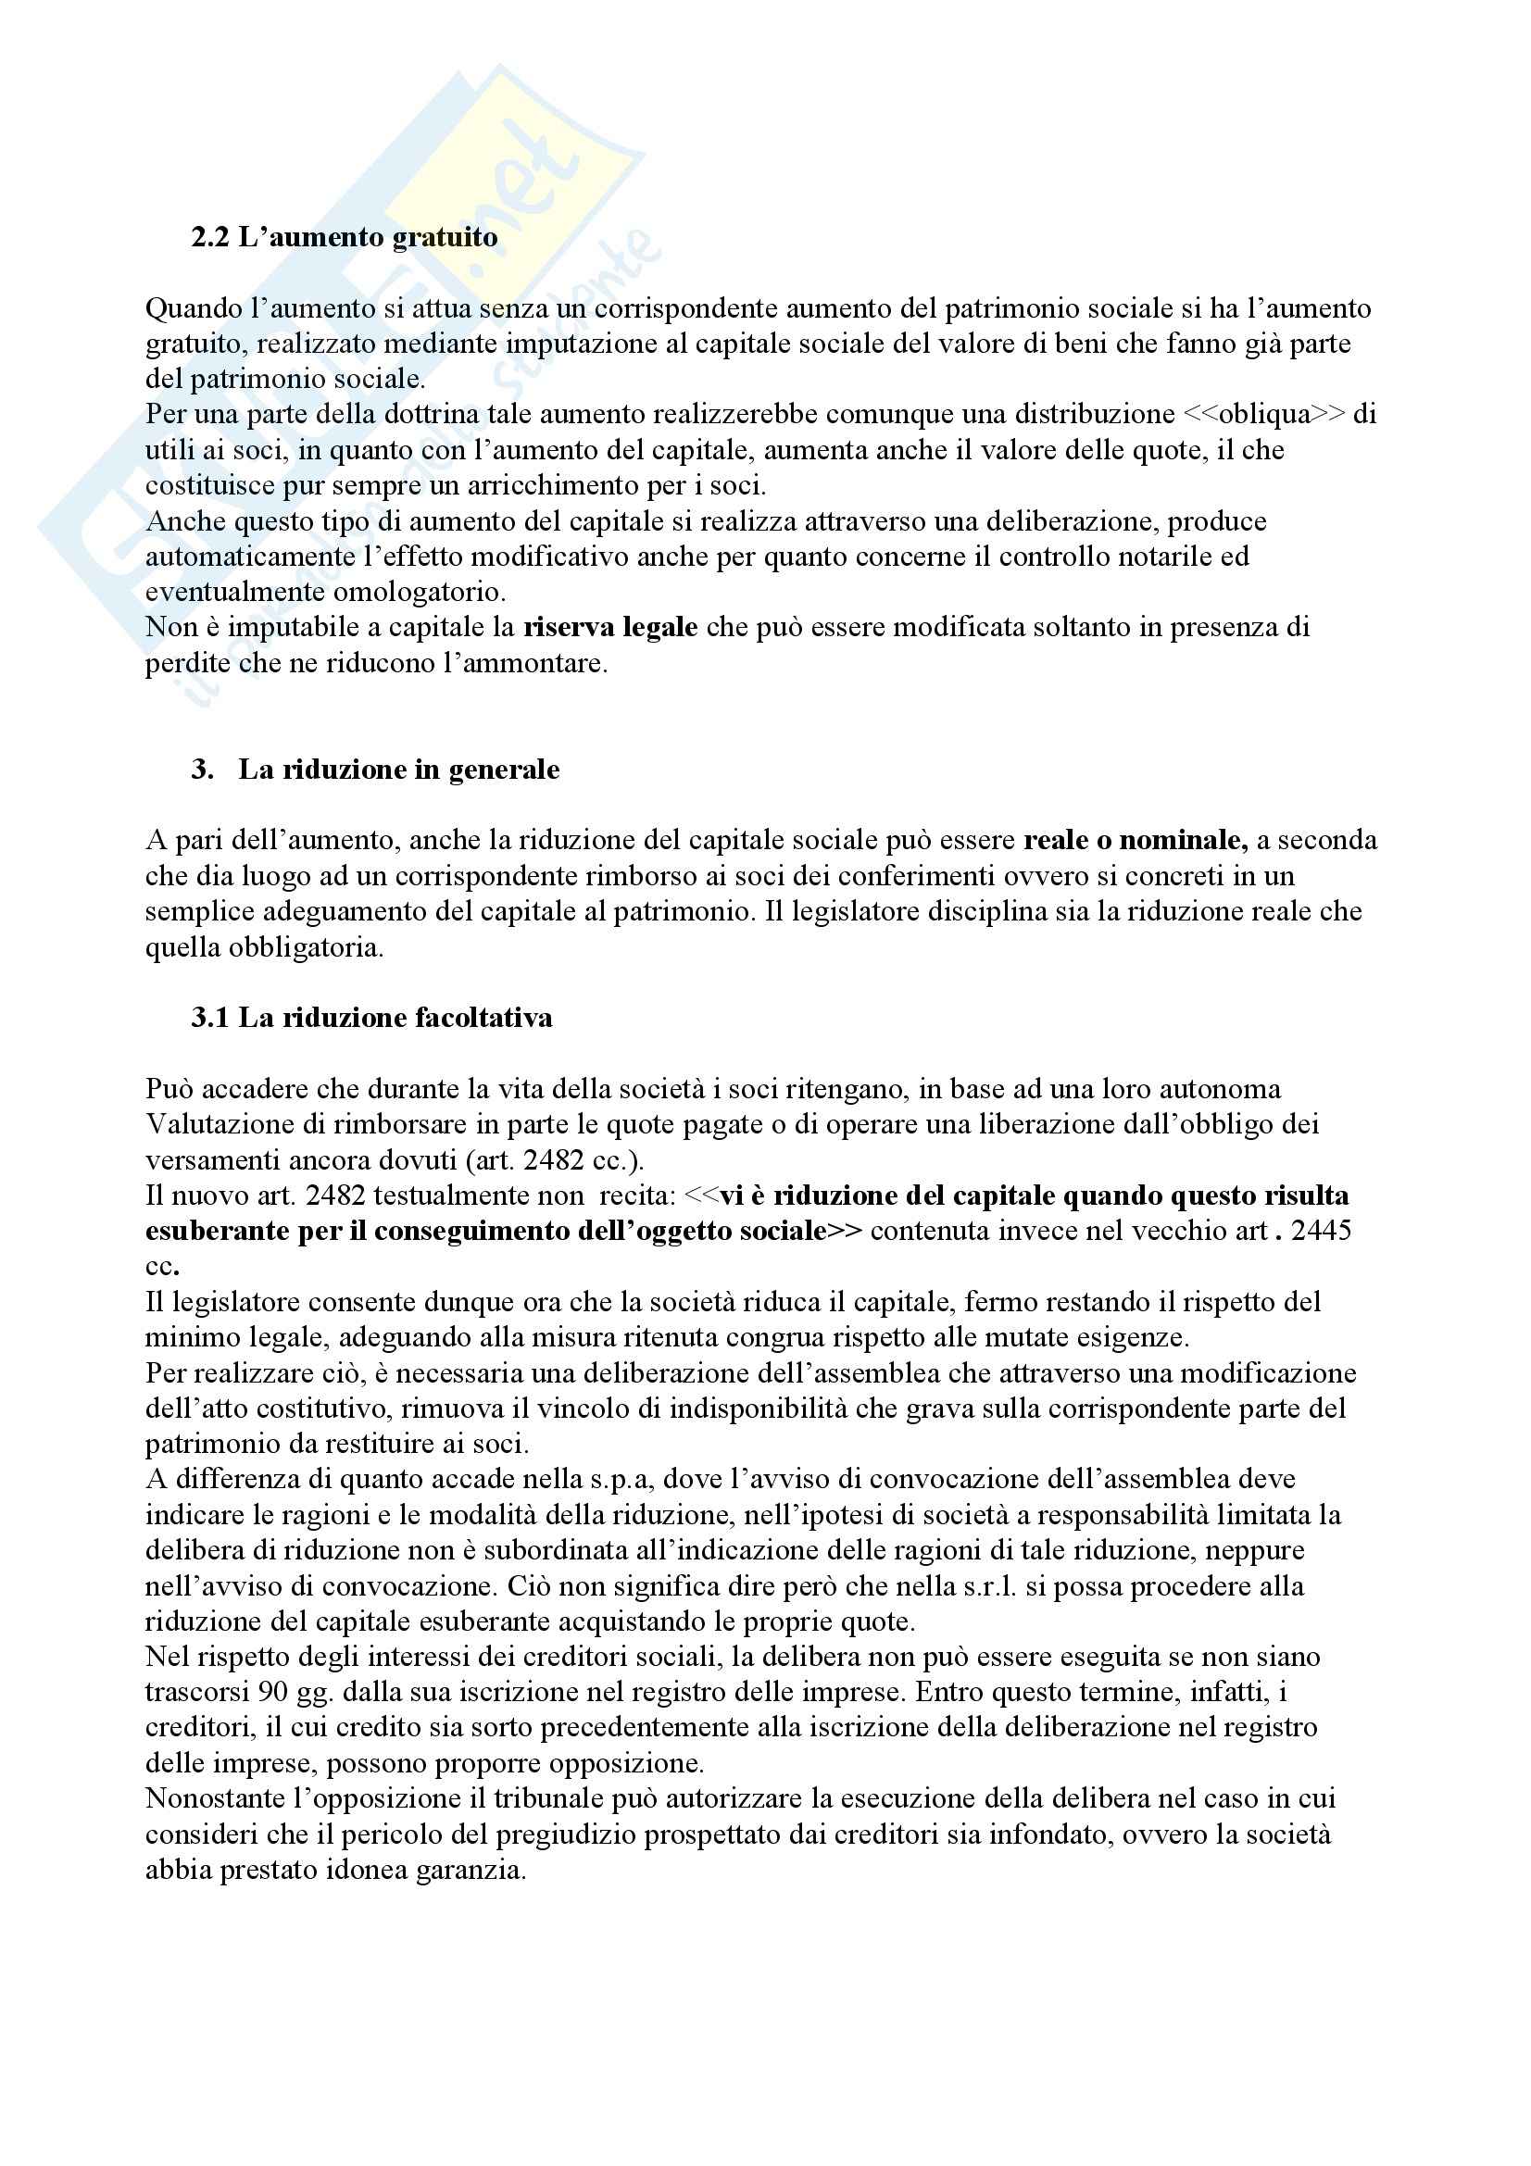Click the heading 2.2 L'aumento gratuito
tap(345, 237)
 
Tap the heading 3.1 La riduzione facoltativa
tap(371, 1018)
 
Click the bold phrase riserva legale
tap(610, 627)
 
